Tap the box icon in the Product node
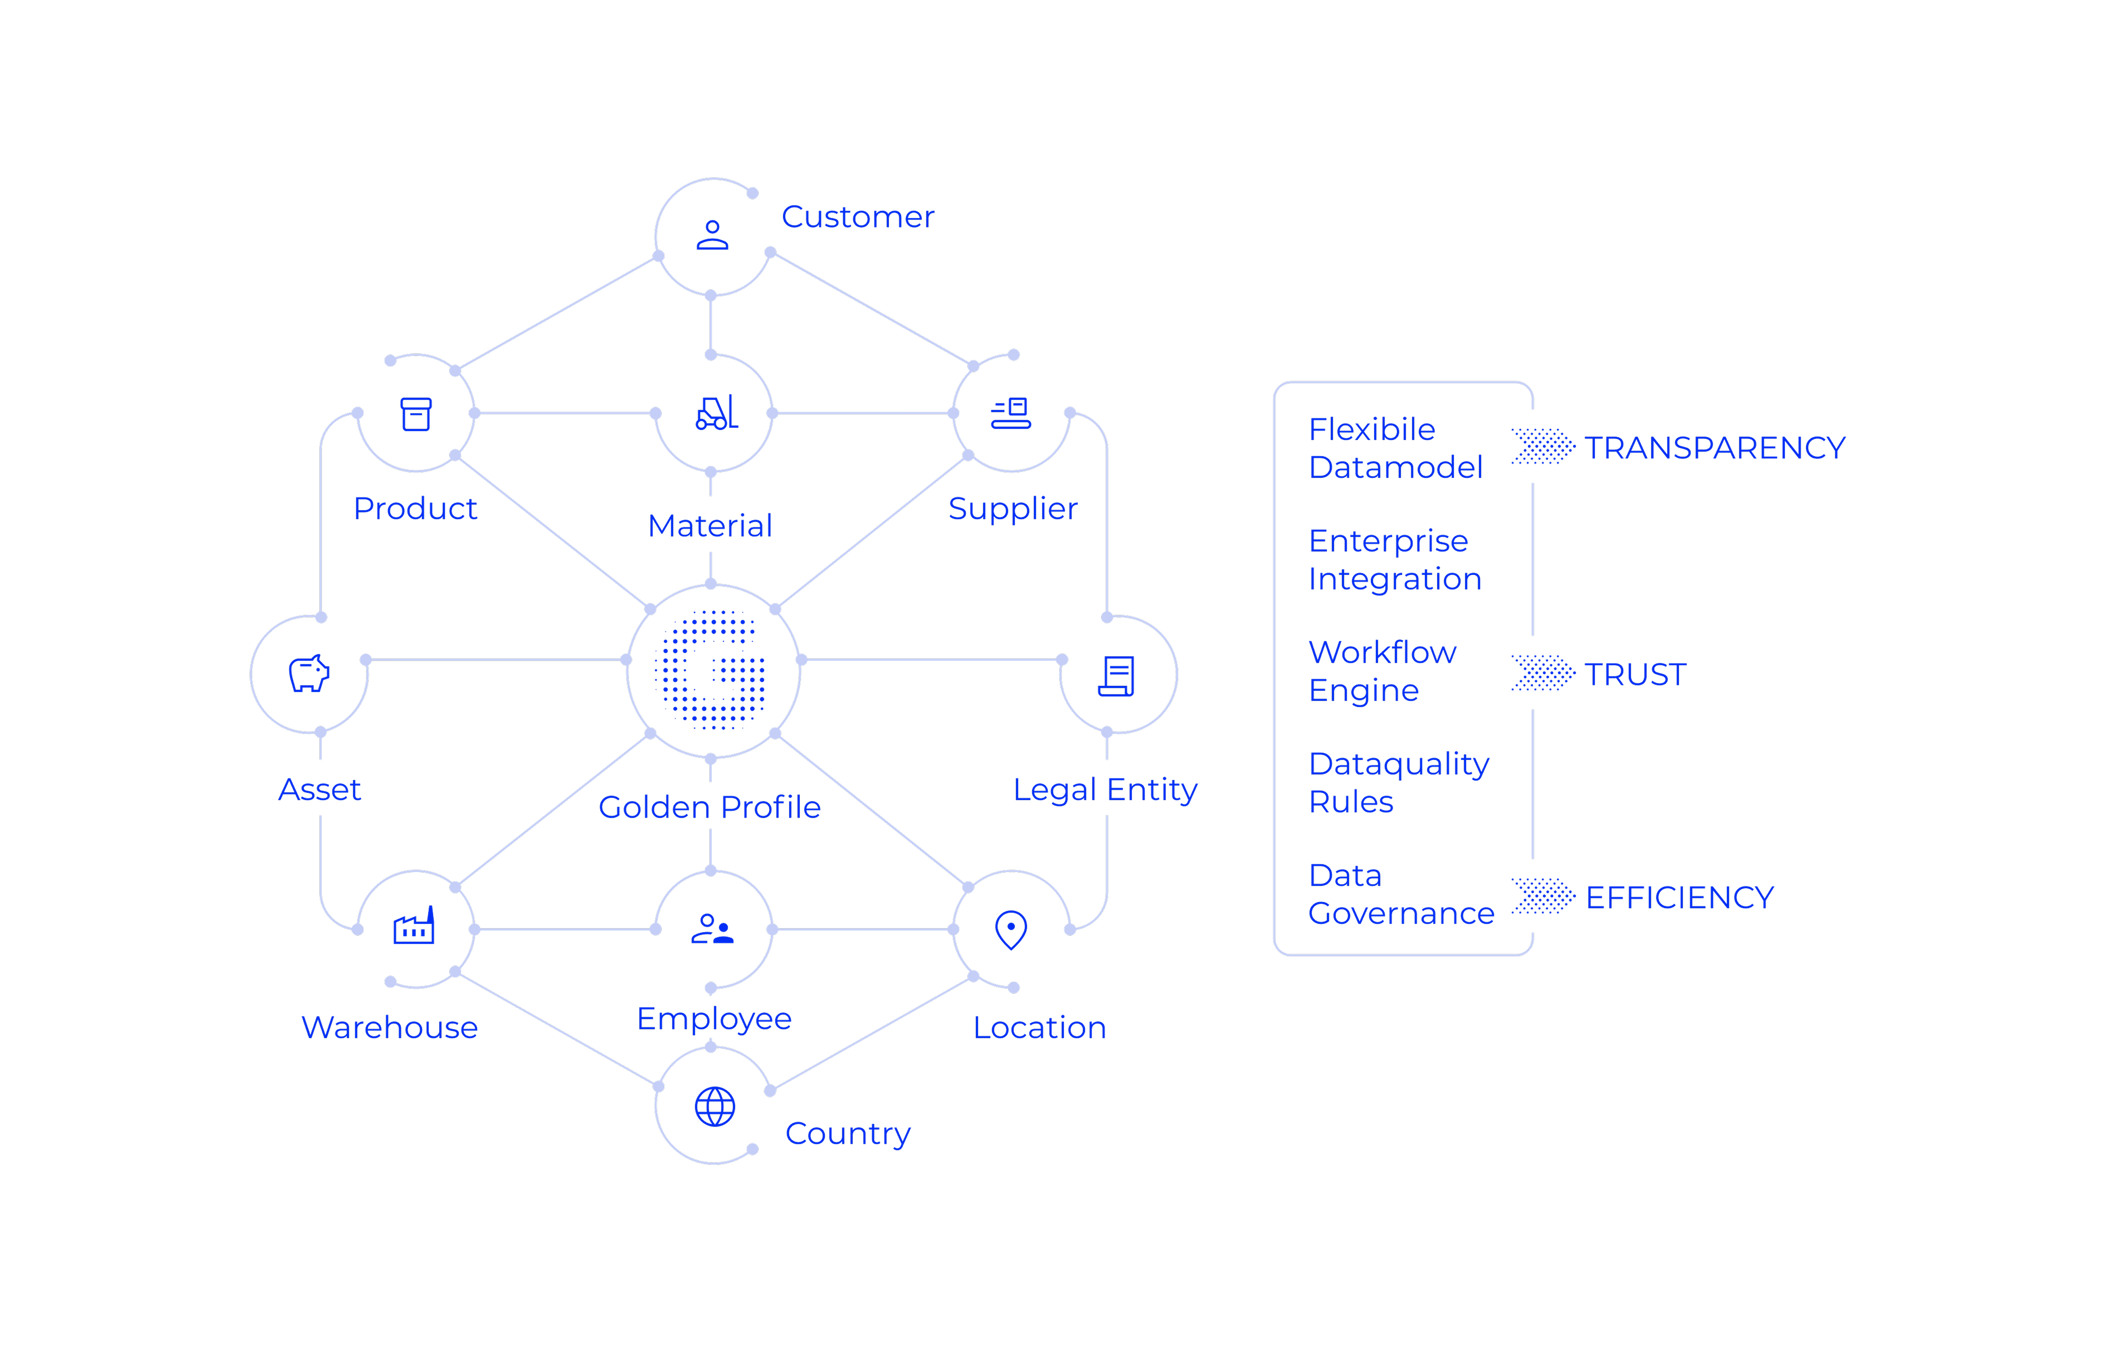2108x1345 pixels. point(416,414)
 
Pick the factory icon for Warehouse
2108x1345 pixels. point(414,926)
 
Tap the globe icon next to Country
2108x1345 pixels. point(714,1107)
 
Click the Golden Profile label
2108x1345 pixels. point(709,806)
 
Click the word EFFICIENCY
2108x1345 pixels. point(1679,897)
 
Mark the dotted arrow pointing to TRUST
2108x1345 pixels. point(1542,673)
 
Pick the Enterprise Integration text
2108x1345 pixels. point(1394,559)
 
